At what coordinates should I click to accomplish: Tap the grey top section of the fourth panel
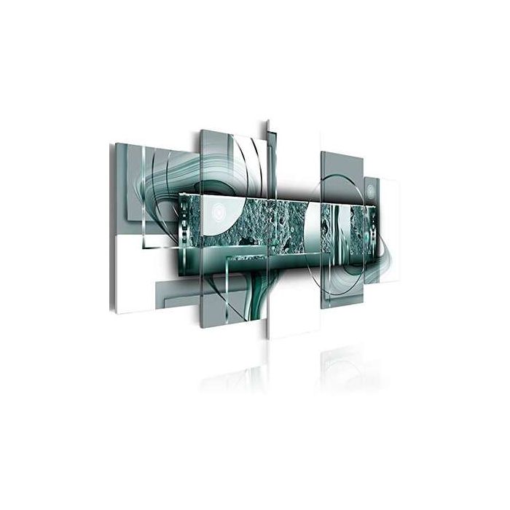(x=342, y=164)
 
